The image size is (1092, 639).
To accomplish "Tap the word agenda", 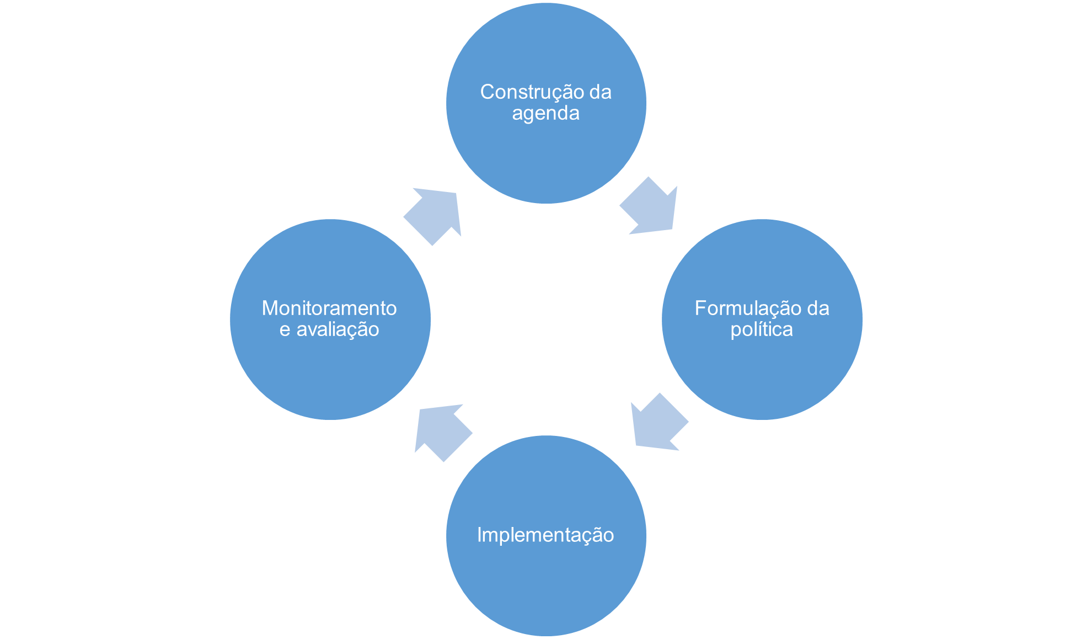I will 545,114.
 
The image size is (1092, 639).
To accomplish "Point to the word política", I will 761,330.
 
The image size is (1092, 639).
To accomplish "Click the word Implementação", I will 545,535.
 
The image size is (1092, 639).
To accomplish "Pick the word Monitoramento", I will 329,308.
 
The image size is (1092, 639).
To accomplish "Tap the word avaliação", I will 338,330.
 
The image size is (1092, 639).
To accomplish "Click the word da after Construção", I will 600,92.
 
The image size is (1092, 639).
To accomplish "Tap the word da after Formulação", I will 818,308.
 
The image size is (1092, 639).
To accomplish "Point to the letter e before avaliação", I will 285,331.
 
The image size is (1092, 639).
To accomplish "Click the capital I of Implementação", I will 479,535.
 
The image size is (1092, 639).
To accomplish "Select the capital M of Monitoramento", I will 269,308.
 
